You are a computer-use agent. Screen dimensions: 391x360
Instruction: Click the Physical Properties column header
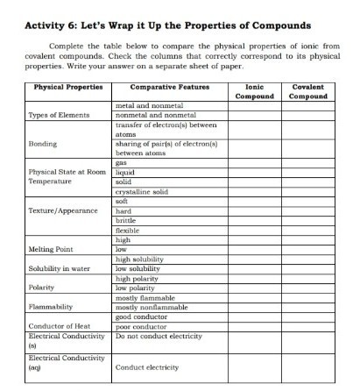coord(68,88)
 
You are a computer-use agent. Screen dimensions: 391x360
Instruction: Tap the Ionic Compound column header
coord(255,92)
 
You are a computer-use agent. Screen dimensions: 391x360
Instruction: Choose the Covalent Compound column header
coord(308,92)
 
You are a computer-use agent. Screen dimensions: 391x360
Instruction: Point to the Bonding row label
coord(43,143)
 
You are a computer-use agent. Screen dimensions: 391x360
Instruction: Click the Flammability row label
coord(52,307)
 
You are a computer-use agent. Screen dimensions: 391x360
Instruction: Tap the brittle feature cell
coord(127,220)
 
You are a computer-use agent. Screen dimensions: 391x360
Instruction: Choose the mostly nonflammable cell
coord(152,307)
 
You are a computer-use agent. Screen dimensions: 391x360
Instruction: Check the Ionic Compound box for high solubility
coord(255,259)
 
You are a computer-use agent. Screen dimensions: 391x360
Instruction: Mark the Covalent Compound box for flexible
coord(308,230)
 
